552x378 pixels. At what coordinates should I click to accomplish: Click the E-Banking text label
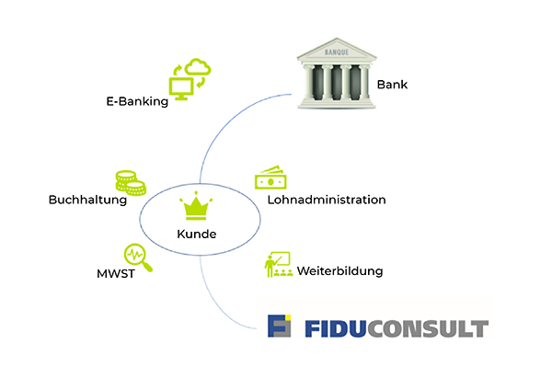[137, 101]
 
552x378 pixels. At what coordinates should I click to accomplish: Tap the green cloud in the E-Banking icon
[198, 66]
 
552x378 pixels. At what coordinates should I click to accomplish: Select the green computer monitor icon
[181, 88]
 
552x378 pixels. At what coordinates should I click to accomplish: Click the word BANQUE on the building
[337, 52]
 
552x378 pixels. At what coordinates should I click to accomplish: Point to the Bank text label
[392, 85]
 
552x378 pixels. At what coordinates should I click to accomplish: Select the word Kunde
[197, 234]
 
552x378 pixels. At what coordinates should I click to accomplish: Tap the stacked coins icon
[131, 183]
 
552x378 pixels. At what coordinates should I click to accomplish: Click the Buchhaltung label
[87, 200]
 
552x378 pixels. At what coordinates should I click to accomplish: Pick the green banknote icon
[270, 178]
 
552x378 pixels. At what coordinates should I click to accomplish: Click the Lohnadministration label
[327, 200]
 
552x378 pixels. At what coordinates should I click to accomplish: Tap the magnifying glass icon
[138, 258]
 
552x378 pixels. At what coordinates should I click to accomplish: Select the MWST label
[116, 274]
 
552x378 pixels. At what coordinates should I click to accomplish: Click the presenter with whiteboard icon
[279, 264]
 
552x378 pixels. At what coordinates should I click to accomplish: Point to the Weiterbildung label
[339, 271]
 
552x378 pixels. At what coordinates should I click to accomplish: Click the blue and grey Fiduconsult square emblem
[279, 326]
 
